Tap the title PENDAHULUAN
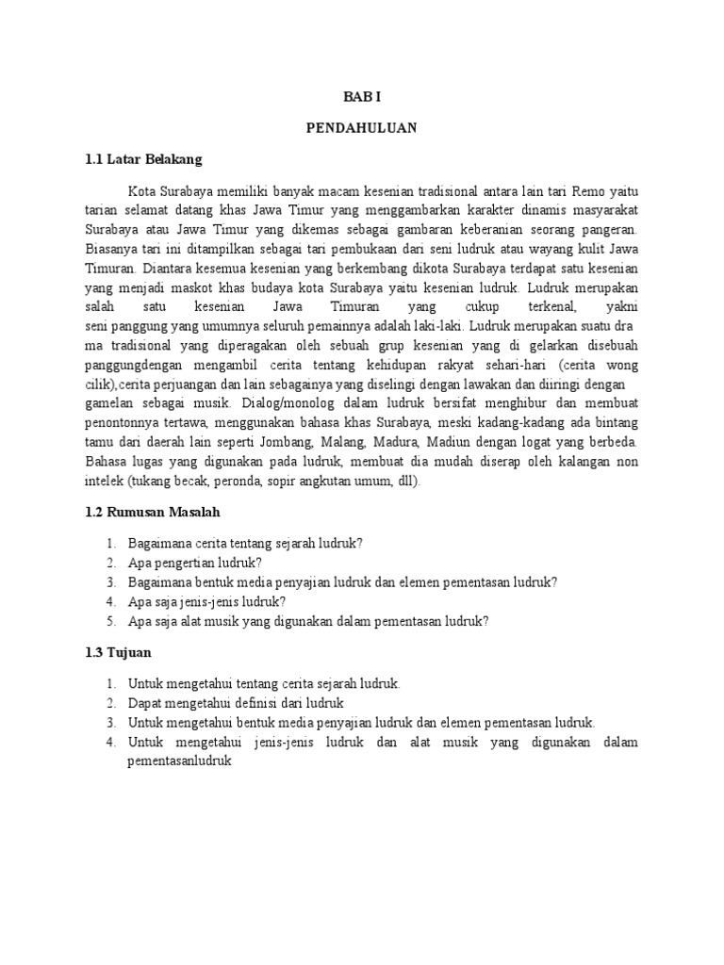(x=361, y=126)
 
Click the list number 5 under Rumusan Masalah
(x=109, y=620)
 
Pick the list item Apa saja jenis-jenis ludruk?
(x=206, y=601)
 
